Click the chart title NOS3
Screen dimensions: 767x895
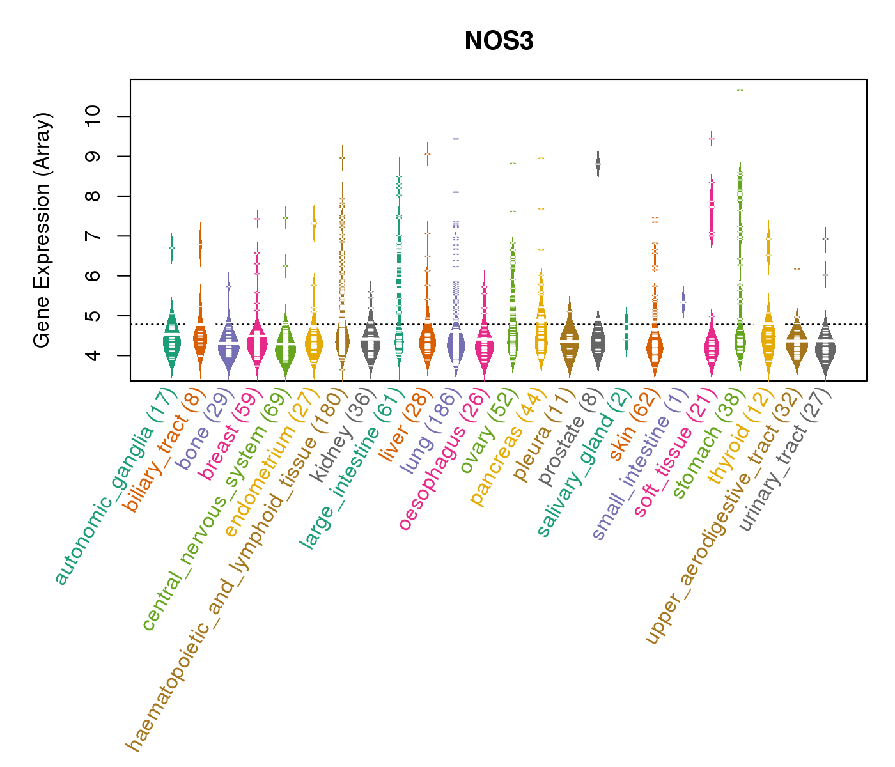tap(499, 41)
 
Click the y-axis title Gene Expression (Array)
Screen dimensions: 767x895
tap(42, 230)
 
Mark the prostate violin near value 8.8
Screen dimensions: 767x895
tap(598, 164)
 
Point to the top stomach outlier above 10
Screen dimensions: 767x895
tap(740, 90)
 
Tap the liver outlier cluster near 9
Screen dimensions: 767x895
tap(427, 153)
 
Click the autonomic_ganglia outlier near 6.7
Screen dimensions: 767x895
tap(171, 248)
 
